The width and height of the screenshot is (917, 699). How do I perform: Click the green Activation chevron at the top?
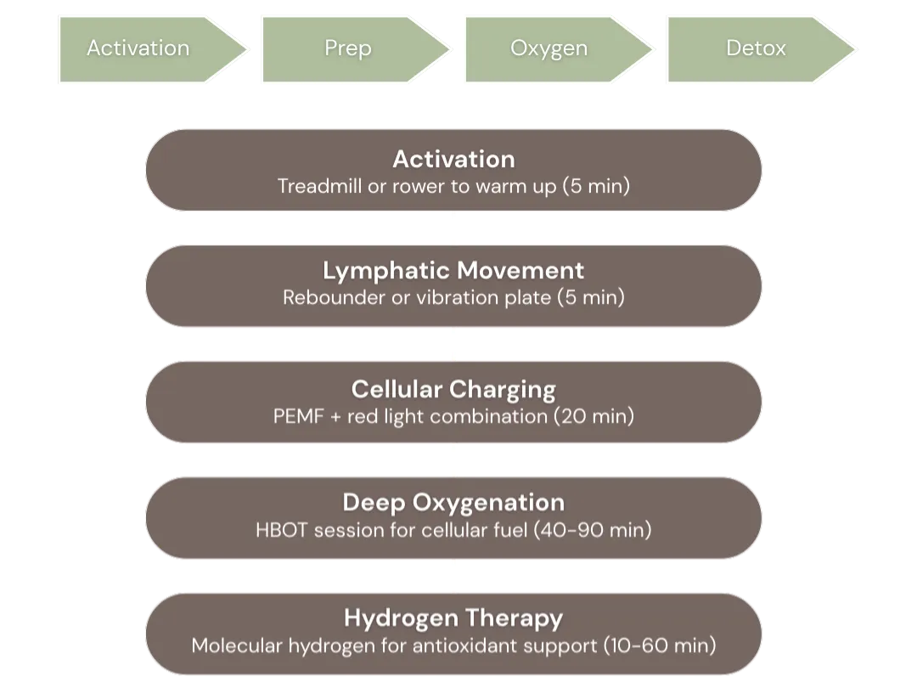click(x=138, y=48)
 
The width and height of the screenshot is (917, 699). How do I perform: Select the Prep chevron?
click(x=348, y=48)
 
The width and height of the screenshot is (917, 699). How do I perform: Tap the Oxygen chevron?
click(x=549, y=48)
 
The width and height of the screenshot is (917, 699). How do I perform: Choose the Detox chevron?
click(x=756, y=48)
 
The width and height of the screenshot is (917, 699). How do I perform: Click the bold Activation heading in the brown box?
click(x=453, y=159)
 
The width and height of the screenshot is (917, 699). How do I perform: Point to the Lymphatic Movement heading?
click(x=453, y=271)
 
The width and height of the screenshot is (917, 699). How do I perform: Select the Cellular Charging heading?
click(x=453, y=390)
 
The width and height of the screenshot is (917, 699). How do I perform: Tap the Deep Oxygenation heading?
click(x=453, y=502)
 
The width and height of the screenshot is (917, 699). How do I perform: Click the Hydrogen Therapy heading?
click(x=453, y=617)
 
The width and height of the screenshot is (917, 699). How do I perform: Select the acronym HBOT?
click(x=282, y=530)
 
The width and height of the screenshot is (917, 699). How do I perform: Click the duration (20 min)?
click(x=594, y=416)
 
